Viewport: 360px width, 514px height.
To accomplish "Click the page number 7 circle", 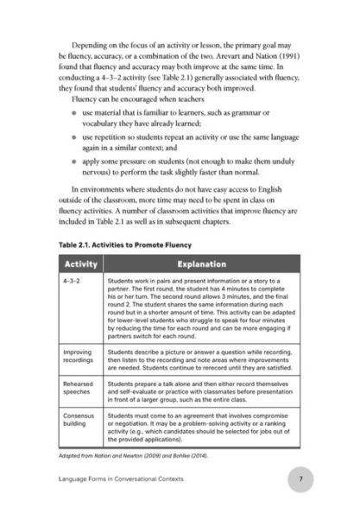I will coord(300,479).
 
